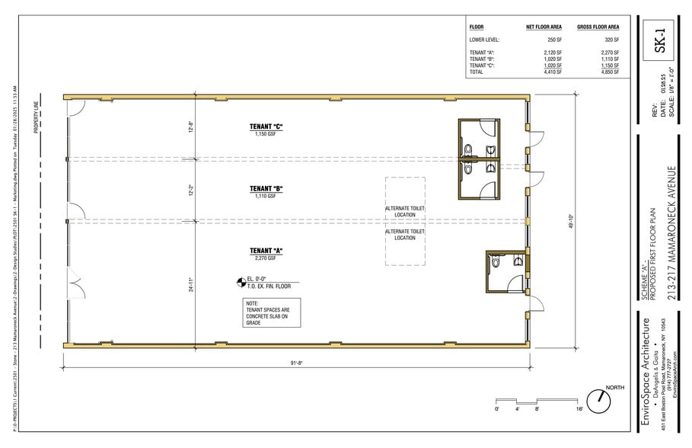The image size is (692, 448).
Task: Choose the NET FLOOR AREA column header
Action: tap(544, 27)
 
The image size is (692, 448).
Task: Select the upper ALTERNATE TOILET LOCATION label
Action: tap(405, 211)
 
